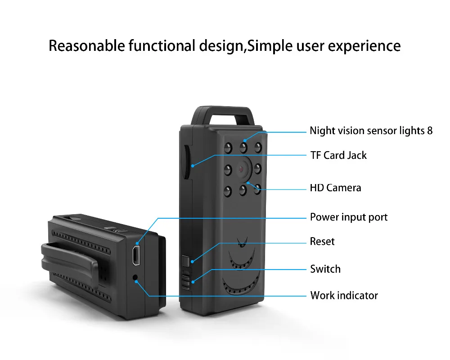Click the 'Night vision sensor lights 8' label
(x=371, y=130)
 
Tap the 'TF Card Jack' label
(x=338, y=155)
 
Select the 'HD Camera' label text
(x=335, y=188)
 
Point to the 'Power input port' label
(x=349, y=217)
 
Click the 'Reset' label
(x=322, y=242)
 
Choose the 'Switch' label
(x=325, y=269)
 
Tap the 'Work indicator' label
(x=344, y=296)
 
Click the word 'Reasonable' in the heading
(x=85, y=46)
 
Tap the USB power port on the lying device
(x=135, y=255)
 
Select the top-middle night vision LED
(x=243, y=146)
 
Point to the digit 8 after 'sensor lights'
(x=430, y=130)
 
